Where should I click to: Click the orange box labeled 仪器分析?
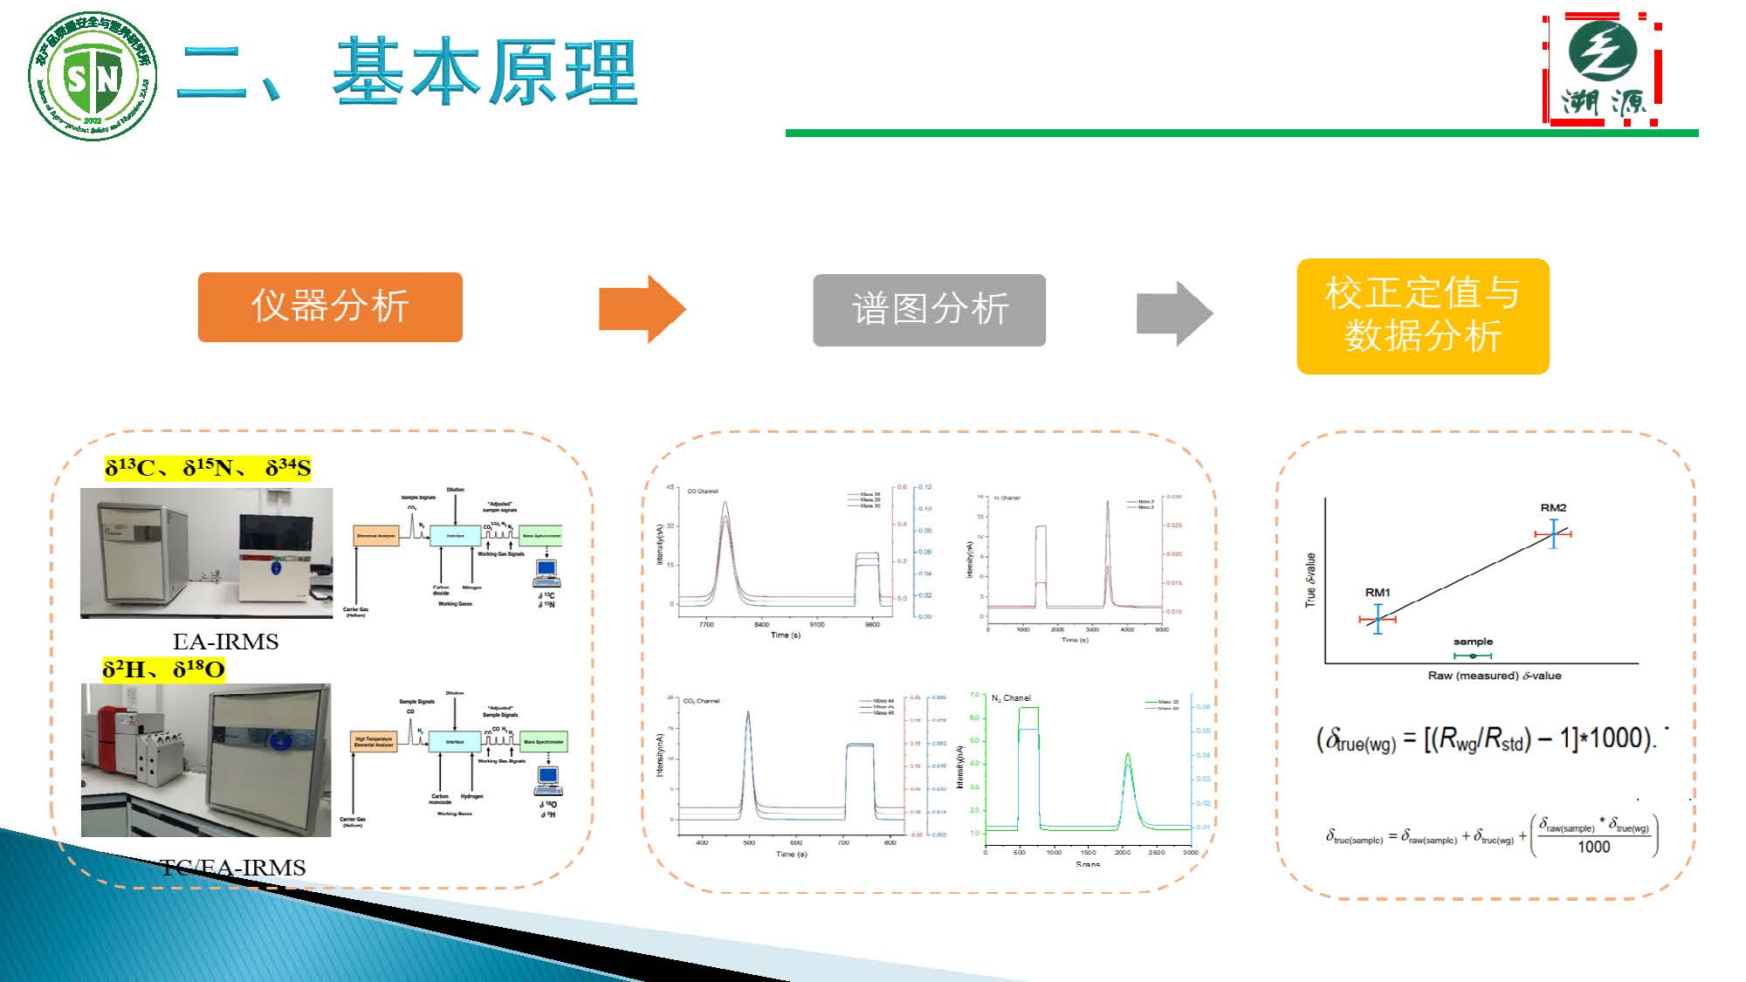pyautogui.click(x=330, y=306)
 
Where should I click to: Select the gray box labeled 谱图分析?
pyautogui.click(x=929, y=310)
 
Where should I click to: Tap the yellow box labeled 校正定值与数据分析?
pyautogui.click(x=1422, y=316)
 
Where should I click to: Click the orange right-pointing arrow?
pyautogui.click(x=642, y=309)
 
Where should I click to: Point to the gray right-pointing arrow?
pyautogui.click(x=1174, y=313)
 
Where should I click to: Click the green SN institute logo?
pyautogui.click(x=93, y=77)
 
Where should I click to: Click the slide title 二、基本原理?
pyautogui.click(x=407, y=72)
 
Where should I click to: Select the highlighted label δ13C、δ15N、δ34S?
pyautogui.click(x=208, y=469)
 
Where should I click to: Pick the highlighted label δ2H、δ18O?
pyautogui.click(x=163, y=670)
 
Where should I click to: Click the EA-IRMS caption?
pyautogui.click(x=225, y=642)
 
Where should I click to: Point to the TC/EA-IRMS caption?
pyautogui.click(x=232, y=868)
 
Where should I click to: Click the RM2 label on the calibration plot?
pyautogui.click(x=1553, y=507)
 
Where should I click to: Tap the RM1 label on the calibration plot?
pyautogui.click(x=1378, y=592)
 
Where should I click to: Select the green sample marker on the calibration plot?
pyautogui.click(x=1473, y=655)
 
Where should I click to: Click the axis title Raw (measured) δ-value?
pyautogui.click(x=1494, y=676)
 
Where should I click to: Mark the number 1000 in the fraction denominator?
pyautogui.click(x=1593, y=847)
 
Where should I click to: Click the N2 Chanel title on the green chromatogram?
pyautogui.click(x=1011, y=698)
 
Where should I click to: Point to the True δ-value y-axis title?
pyautogui.click(x=1310, y=580)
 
